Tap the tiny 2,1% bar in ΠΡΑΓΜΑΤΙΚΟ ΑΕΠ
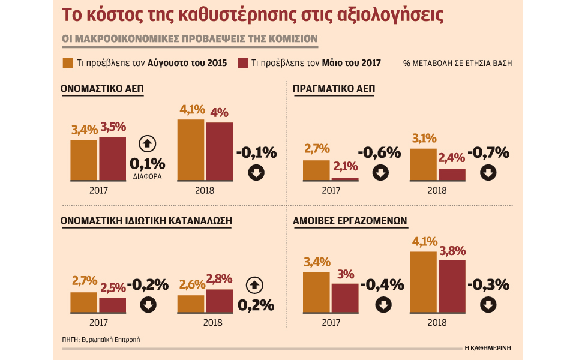point(344,179)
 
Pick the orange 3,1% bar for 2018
point(422,164)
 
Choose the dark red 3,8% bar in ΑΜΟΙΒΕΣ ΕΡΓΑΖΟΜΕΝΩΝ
point(452,285)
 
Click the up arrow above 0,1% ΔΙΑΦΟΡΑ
point(147,143)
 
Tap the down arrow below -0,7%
point(488,173)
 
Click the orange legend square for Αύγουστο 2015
point(68,63)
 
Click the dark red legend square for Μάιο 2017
point(243,63)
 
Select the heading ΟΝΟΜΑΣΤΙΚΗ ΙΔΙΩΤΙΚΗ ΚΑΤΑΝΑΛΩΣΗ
point(146,221)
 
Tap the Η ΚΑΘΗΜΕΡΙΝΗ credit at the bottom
point(492,347)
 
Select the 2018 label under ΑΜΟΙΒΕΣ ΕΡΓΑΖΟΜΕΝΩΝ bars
point(437,322)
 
